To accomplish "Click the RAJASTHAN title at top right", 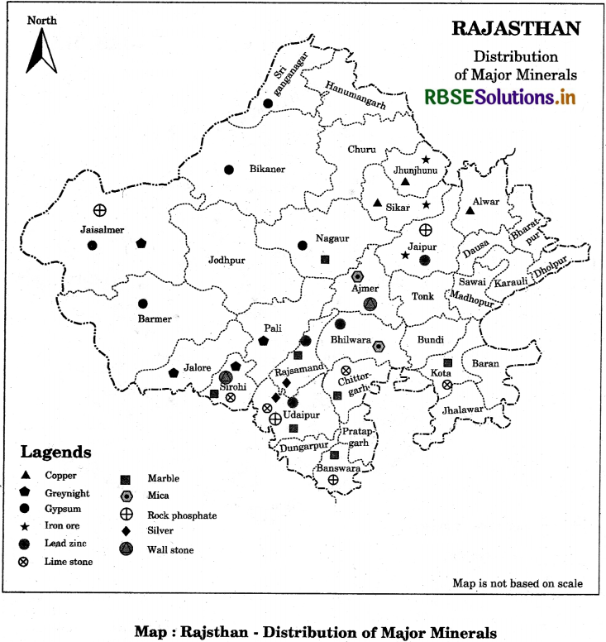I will pos(516,28).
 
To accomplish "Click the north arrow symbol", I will pos(41,51).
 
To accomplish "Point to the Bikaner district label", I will pos(267,170).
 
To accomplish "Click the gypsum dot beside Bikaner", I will pos(229,170).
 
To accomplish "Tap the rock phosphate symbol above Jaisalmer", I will pos(98,210).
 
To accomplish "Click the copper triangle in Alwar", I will pos(470,210).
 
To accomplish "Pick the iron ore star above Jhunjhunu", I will pos(426,160).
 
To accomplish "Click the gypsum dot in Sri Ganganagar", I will pos(267,103).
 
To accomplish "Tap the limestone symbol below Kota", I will pos(446,385).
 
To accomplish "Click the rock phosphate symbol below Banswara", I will pos(332,479).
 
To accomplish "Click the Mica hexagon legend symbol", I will pos(126,496).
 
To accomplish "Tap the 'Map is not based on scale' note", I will pos(517,583).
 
